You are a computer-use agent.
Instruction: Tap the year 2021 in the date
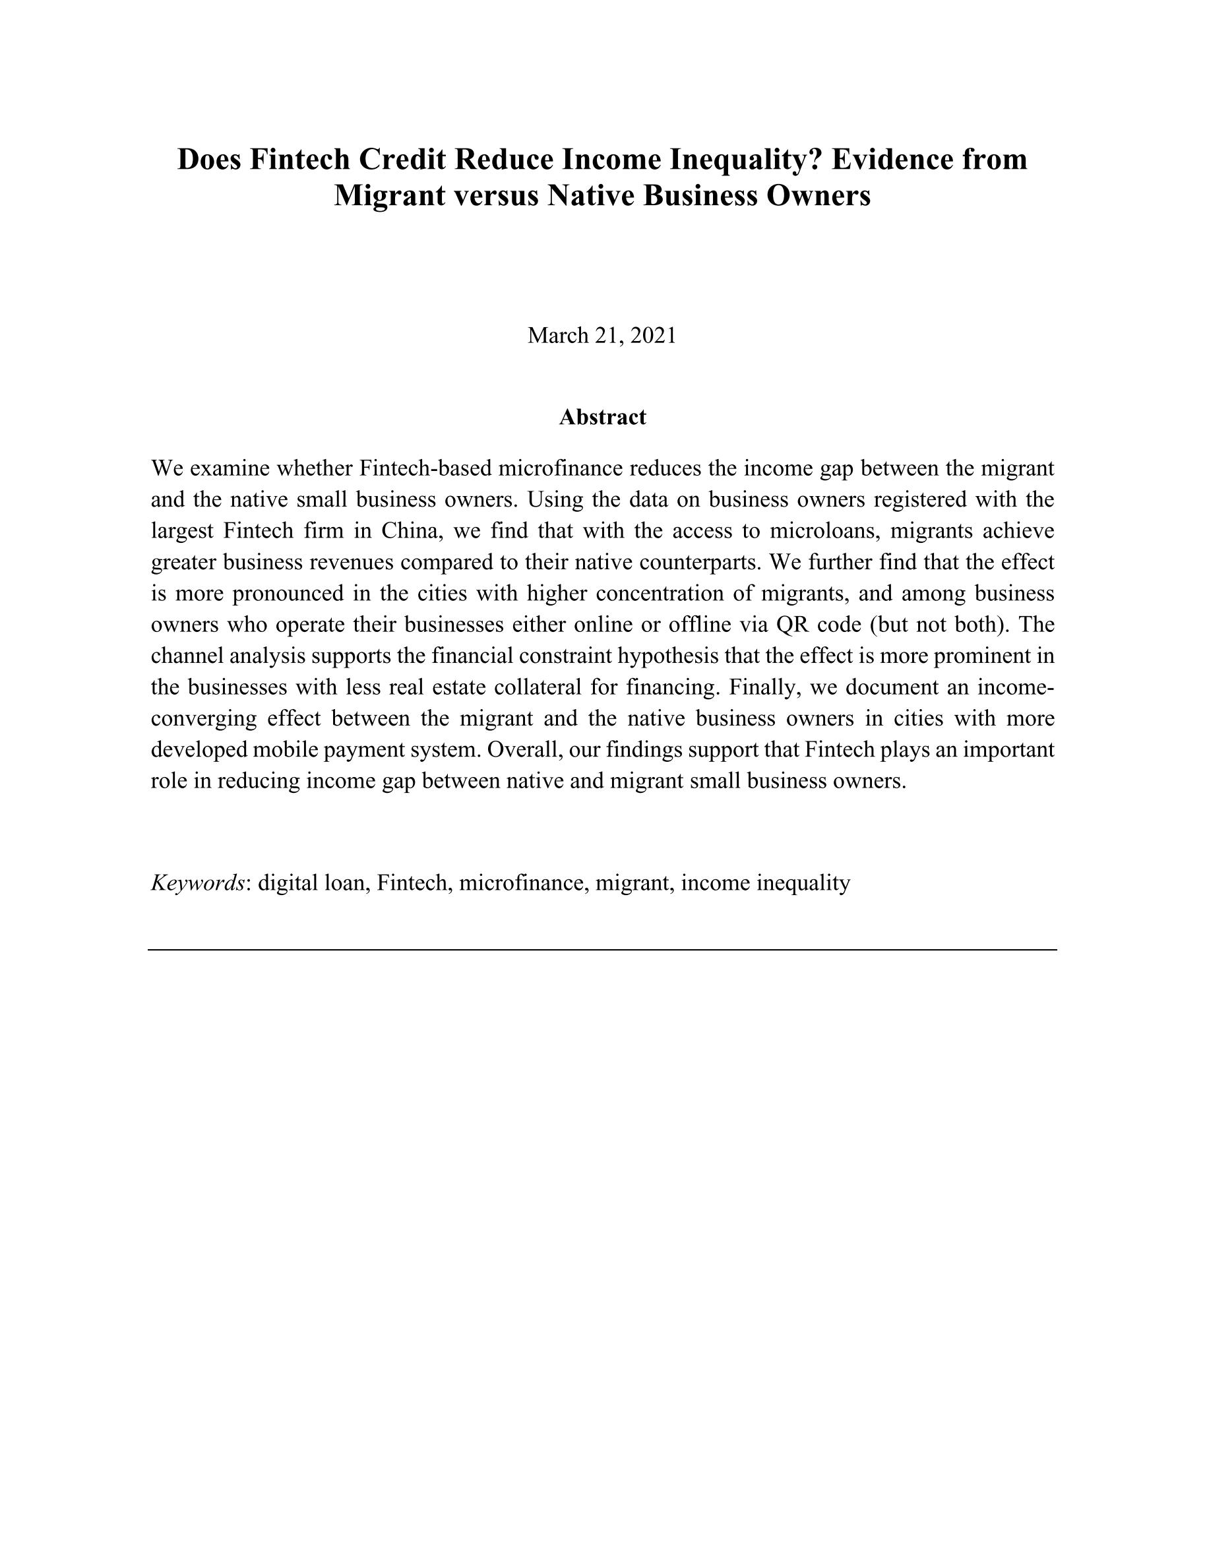pyautogui.click(x=653, y=335)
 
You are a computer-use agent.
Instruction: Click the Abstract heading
pyautogui.click(x=602, y=417)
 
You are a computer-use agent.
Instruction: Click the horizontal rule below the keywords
pyautogui.click(x=602, y=950)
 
